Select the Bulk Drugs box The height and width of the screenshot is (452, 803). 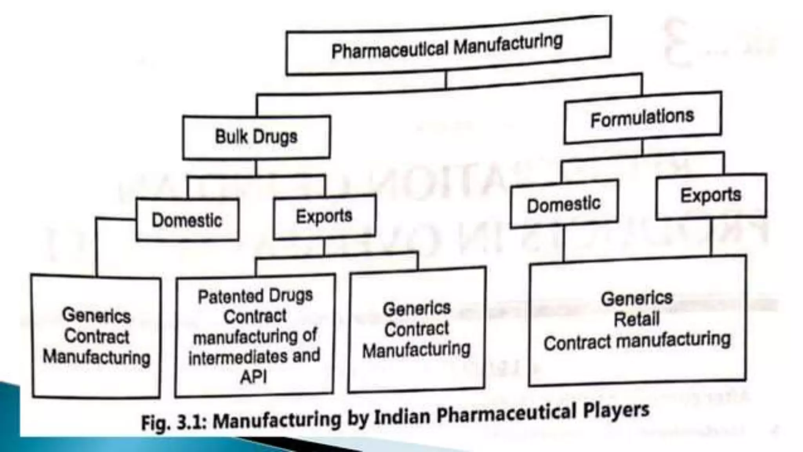coord(256,137)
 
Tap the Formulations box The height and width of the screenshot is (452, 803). coord(642,118)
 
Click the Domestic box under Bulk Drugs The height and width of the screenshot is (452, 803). coord(187,220)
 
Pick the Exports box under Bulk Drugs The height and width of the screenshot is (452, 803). coord(324,216)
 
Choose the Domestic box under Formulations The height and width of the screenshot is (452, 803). coord(564,204)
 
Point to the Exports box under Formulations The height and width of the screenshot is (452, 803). coord(711,195)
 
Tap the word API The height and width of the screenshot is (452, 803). coord(253,377)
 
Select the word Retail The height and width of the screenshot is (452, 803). coord(637,319)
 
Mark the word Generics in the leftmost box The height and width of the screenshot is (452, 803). coord(96,316)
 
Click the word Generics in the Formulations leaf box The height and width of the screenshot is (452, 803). coord(637,298)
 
